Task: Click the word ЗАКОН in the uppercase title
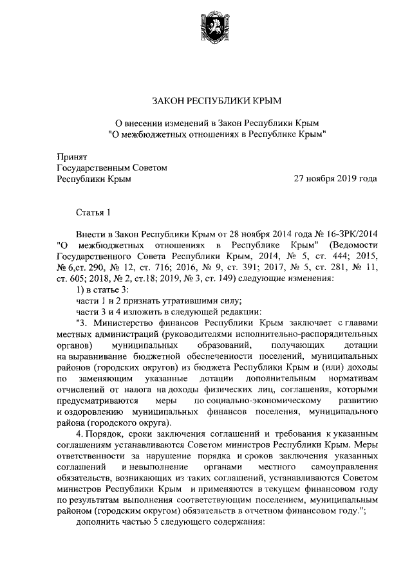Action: click(167, 100)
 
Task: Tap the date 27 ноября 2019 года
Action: click(335, 179)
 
